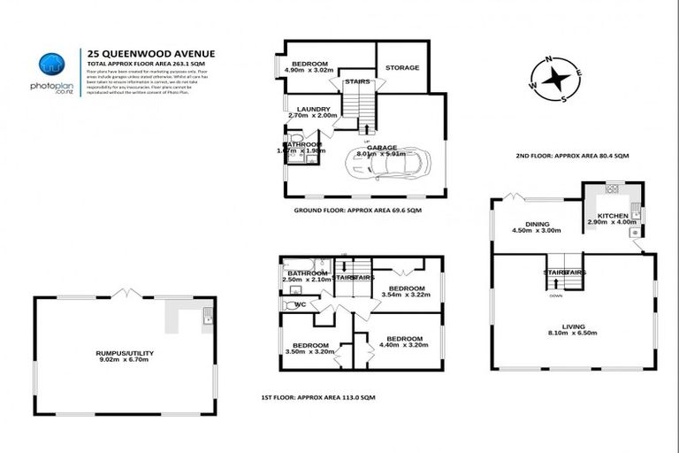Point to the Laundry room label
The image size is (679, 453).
[x=313, y=108]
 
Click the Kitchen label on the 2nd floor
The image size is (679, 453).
[x=612, y=215]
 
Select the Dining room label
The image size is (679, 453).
[x=537, y=225]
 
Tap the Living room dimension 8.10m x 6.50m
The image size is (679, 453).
[x=574, y=334]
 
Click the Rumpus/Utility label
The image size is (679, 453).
[x=125, y=353]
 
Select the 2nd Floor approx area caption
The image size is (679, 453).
[x=572, y=156]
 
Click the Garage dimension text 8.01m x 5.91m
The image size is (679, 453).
[x=382, y=153]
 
